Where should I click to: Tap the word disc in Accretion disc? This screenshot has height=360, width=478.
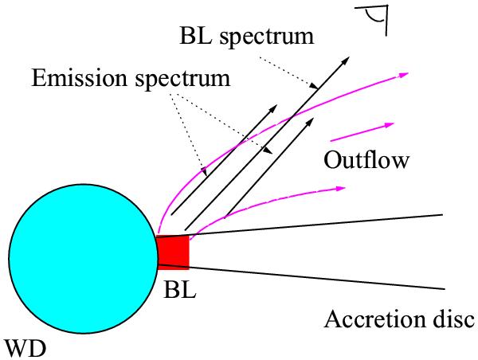click(453, 319)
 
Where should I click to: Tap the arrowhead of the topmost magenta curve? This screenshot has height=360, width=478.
click(405, 74)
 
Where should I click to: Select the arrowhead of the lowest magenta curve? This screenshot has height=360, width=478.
click(341, 189)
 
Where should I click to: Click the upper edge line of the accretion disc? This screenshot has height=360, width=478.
click(319, 225)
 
